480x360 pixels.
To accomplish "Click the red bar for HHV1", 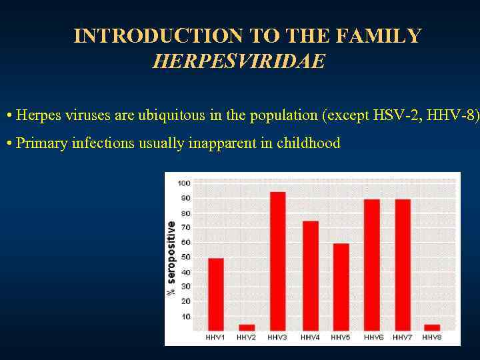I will pos(215,294).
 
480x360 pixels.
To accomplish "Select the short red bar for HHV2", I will pos(247,327).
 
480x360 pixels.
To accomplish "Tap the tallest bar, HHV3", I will pos(278,261).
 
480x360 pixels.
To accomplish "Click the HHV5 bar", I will pos(341,287).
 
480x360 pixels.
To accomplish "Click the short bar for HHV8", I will pos(432,327).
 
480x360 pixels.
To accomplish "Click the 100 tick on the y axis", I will pos(183,183).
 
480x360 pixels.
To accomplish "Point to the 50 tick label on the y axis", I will pos(185,257).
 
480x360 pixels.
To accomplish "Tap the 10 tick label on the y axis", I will pos(185,317).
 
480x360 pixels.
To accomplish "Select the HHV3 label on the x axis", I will pos(277,338).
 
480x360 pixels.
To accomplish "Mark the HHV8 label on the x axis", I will pos(433,338).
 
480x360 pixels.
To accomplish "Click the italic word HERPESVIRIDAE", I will pos(239,62).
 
